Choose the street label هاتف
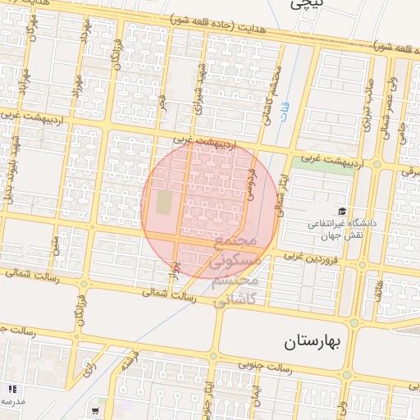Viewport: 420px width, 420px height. click(x=376, y=291)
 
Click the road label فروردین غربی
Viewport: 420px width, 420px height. click(x=312, y=257)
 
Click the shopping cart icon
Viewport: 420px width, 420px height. click(x=95, y=411)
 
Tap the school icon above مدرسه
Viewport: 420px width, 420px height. click(x=11, y=388)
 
